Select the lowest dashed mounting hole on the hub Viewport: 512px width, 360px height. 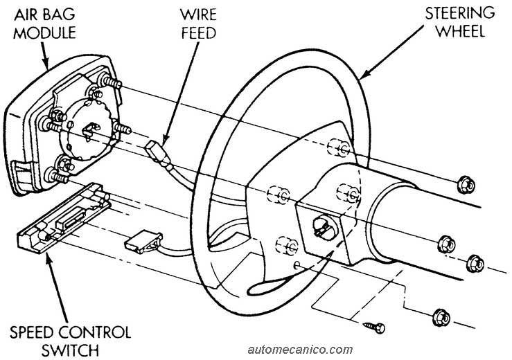point(283,244)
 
